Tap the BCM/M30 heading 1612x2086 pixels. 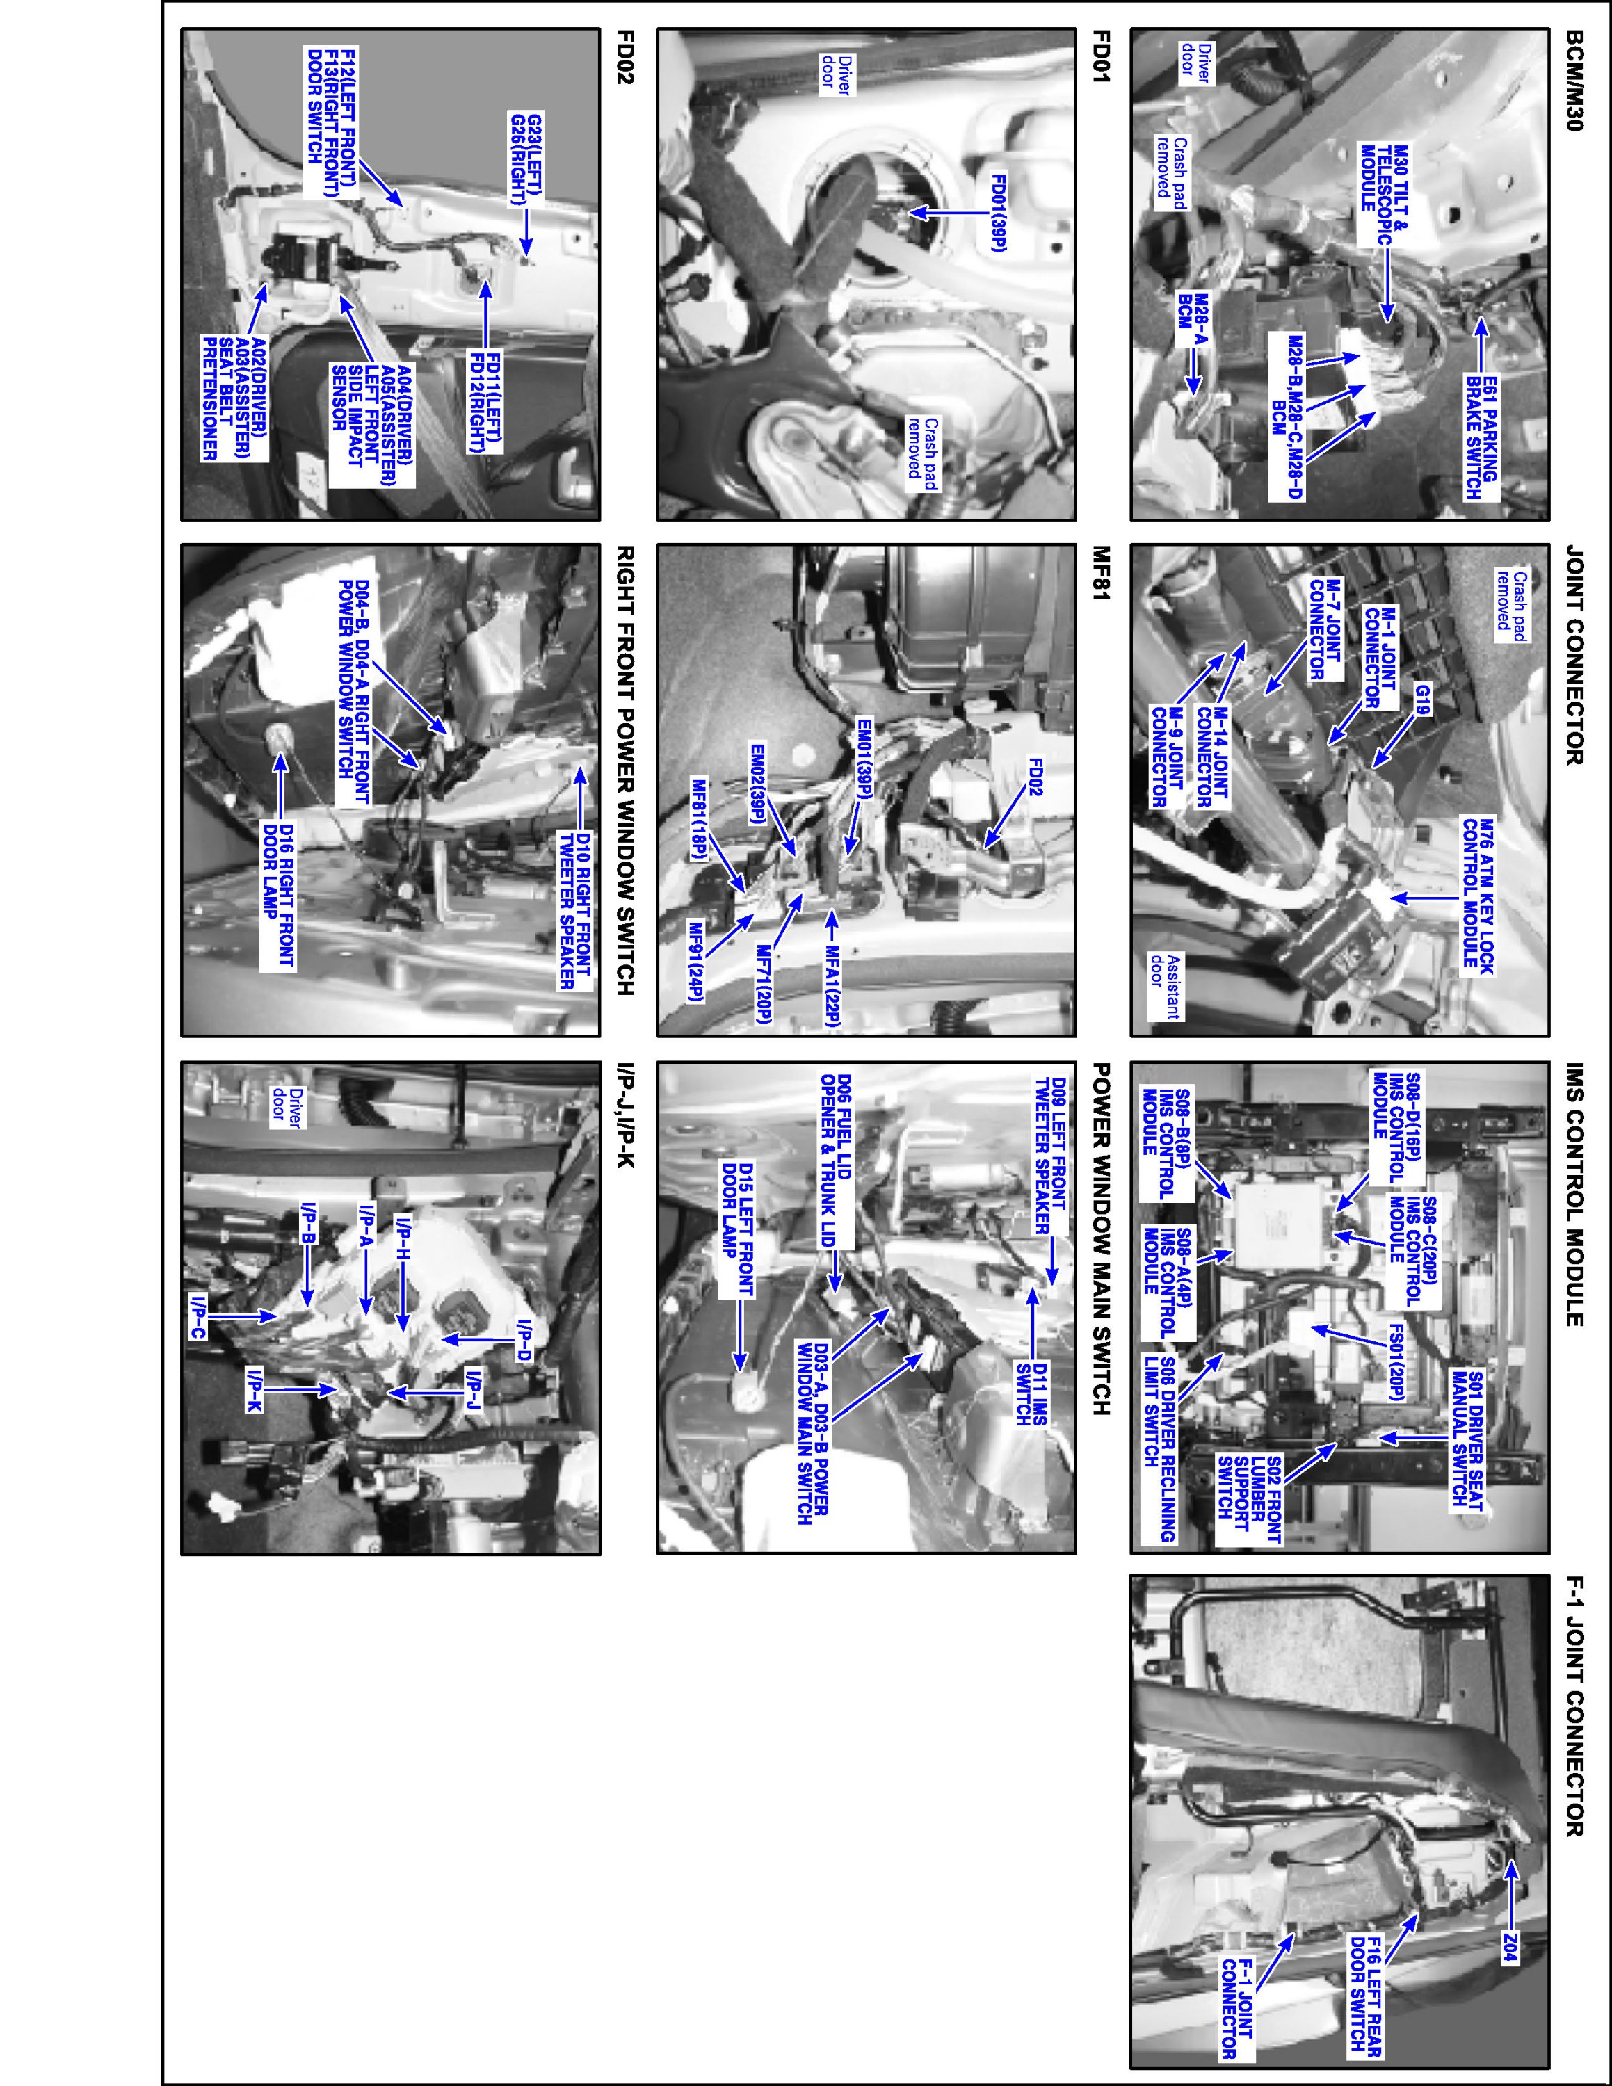pyautogui.click(x=1574, y=90)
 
